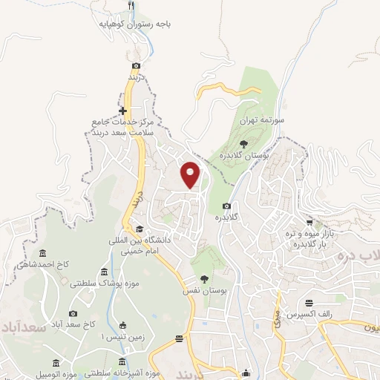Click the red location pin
click(191, 174)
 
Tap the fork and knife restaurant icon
click(131, 6)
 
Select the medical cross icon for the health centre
click(134, 111)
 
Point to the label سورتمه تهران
click(257, 119)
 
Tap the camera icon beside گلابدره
click(226, 206)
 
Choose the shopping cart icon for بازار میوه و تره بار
click(309, 223)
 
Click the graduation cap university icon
click(140, 229)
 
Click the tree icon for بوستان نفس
click(204, 279)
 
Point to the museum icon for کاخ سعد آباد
click(82, 313)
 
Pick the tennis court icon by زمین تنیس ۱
click(122, 325)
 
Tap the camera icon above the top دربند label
click(136, 65)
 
